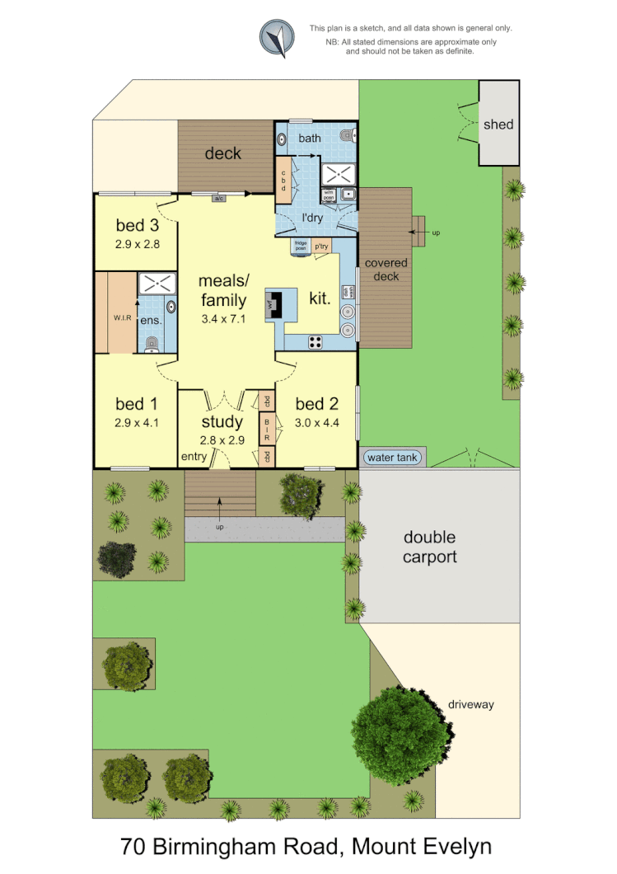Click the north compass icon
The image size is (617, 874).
click(x=278, y=38)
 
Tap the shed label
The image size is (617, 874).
click(x=498, y=125)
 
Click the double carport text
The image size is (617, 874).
click(x=429, y=547)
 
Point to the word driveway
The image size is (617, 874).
click(x=471, y=704)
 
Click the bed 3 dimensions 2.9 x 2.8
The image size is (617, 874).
click(x=137, y=244)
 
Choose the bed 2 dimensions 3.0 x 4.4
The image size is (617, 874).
click(x=317, y=424)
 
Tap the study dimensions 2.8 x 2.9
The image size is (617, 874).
click(x=222, y=440)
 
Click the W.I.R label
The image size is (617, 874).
click(x=112, y=317)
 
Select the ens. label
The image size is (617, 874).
click(x=150, y=320)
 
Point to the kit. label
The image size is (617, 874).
click(x=320, y=298)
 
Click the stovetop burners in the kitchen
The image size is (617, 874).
click(x=316, y=341)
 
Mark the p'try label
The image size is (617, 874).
click(x=321, y=246)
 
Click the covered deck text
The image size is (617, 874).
click(x=386, y=270)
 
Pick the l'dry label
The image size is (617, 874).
click(x=312, y=218)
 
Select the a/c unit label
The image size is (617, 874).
click(x=219, y=198)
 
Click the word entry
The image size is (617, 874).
click(x=194, y=457)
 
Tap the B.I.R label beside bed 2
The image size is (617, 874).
click(x=267, y=429)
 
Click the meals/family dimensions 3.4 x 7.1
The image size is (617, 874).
click(x=222, y=317)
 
